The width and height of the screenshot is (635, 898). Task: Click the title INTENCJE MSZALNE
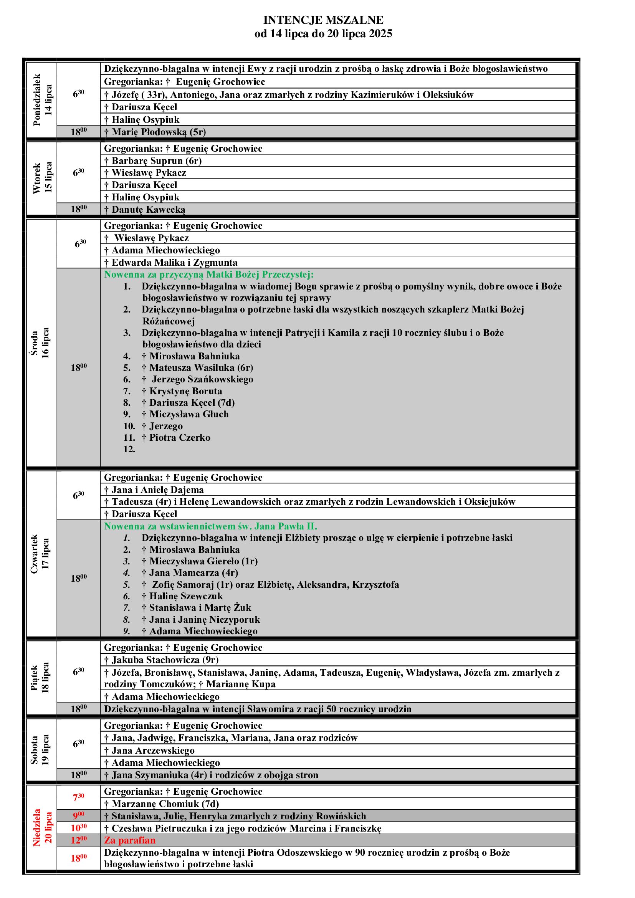[x=323, y=20]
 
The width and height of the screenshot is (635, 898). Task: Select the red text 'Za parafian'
[x=129, y=840]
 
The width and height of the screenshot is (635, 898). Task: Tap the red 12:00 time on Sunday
[x=79, y=840]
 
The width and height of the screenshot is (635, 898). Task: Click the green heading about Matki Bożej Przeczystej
[x=209, y=275]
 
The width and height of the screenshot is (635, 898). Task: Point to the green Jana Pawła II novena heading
[x=210, y=526]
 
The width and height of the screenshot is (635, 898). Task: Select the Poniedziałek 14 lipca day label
[x=42, y=100]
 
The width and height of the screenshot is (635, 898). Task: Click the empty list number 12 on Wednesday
[x=129, y=449]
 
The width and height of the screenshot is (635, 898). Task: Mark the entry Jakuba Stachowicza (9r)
[x=161, y=660]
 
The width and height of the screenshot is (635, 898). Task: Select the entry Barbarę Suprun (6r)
[x=153, y=161]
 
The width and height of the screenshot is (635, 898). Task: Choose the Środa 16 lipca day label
[x=40, y=343]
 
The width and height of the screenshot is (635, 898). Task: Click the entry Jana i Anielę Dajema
[x=154, y=490]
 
